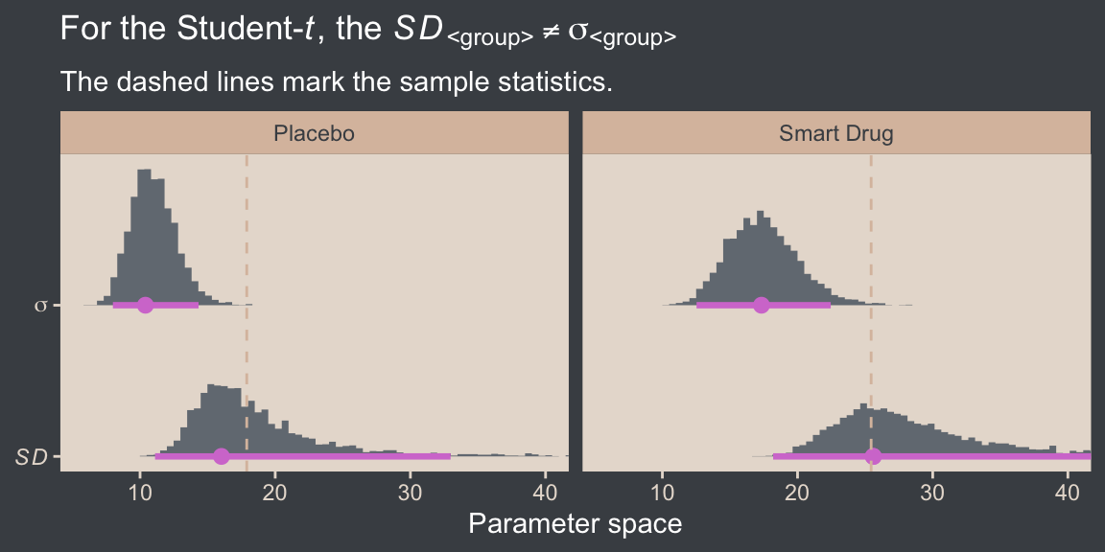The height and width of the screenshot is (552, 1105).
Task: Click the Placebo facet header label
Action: pos(315,133)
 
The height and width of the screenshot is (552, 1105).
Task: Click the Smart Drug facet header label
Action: pos(835,133)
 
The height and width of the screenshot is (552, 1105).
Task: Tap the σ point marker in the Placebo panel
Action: pos(145,306)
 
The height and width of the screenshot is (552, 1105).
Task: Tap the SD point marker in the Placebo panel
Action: pos(222,456)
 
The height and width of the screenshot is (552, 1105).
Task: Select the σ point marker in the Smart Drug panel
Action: pos(762,306)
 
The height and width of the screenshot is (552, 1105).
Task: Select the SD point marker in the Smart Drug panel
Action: pos(873,456)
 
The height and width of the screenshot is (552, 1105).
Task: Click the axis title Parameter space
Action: pos(575,524)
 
